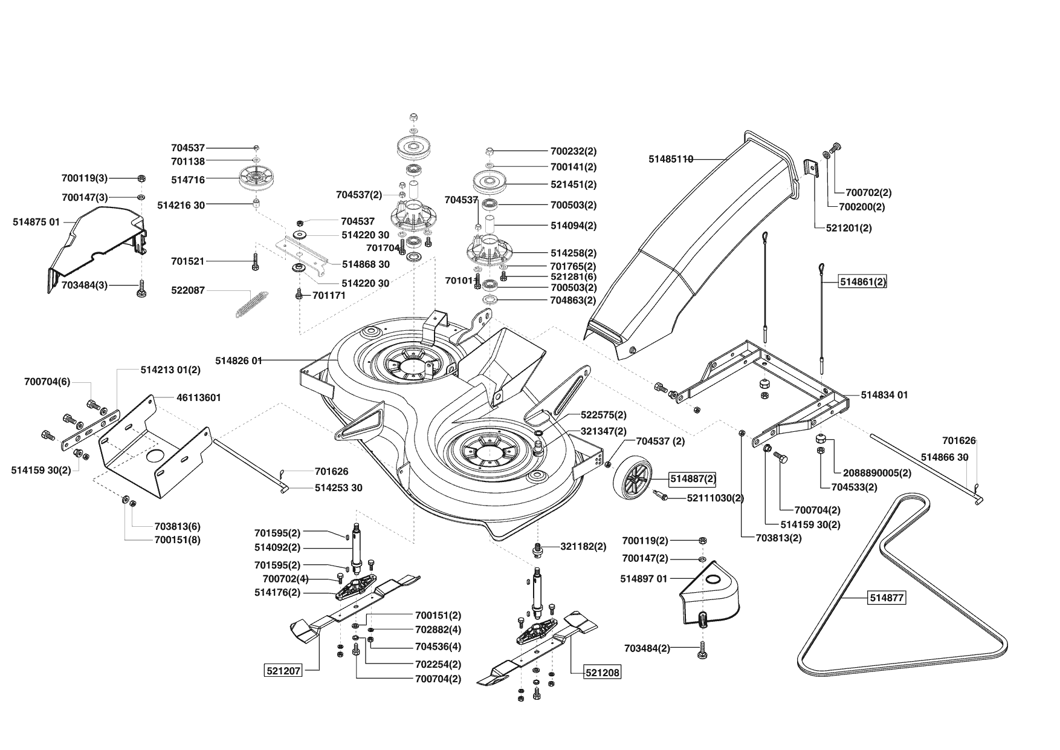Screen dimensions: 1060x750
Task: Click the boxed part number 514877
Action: coord(887,598)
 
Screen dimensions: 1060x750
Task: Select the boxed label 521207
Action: coord(283,671)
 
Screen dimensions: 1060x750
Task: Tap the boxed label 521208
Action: coord(602,672)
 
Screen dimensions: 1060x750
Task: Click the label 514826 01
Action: coord(239,360)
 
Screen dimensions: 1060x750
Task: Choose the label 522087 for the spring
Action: coord(188,291)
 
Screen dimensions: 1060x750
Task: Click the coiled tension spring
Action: coord(251,304)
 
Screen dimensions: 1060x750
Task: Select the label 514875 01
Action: coord(36,222)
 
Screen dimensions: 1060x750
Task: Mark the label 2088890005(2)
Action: coord(880,472)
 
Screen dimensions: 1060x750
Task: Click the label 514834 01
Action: coord(884,395)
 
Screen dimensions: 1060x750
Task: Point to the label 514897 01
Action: coord(644,579)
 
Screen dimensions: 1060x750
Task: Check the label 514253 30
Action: coord(338,488)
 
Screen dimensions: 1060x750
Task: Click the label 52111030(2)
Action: coord(716,498)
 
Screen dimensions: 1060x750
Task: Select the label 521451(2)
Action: coord(574,184)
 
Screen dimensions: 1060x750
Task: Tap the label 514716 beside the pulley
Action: coord(188,180)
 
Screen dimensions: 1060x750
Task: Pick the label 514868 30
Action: coord(366,264)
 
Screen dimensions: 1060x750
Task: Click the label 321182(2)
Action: coord(583,547)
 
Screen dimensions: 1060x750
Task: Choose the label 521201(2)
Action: coord(849,228)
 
